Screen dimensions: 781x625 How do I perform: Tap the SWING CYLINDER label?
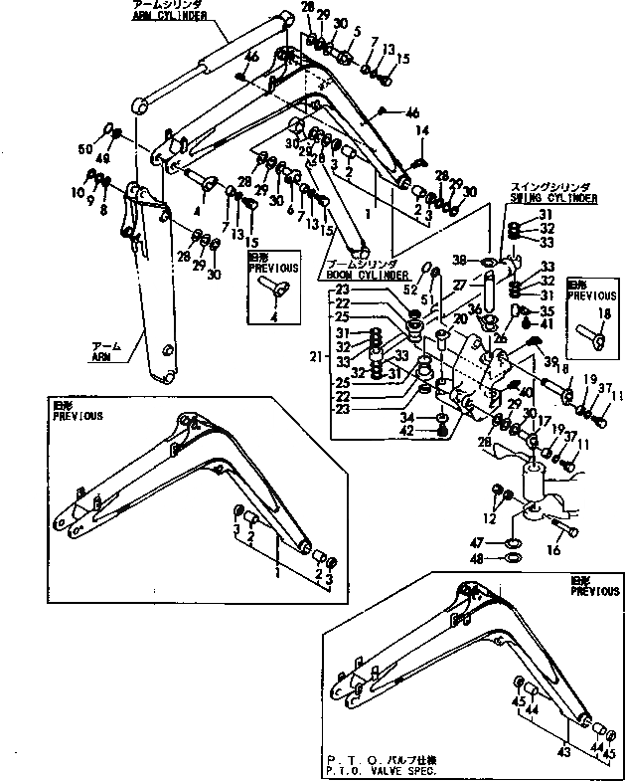pos(553,198)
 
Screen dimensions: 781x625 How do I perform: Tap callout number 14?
pos(422,131)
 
